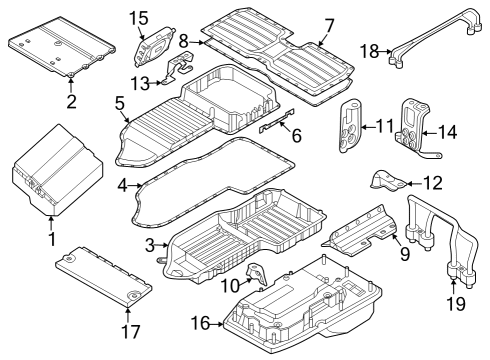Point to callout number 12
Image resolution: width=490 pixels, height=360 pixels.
click(433, 182)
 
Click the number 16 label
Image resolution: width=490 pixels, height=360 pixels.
click(200, 323)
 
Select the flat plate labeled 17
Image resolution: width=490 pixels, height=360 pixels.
click(100, 274)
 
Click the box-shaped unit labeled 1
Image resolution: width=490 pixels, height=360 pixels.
click(55, 172)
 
